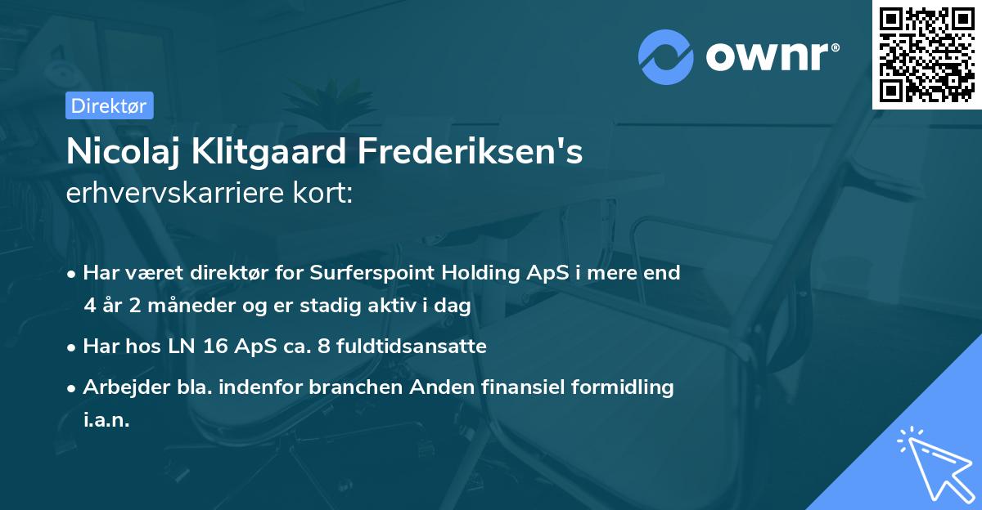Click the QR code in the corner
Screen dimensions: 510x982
click(x=927, y=54)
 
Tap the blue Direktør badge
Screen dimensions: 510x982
click(x=110, y=105)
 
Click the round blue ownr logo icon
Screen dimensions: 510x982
click(x=666, y=56)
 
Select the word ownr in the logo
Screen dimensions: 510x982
click(x=769, y=56)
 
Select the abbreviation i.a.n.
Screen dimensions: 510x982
click(x=106, y=420)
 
